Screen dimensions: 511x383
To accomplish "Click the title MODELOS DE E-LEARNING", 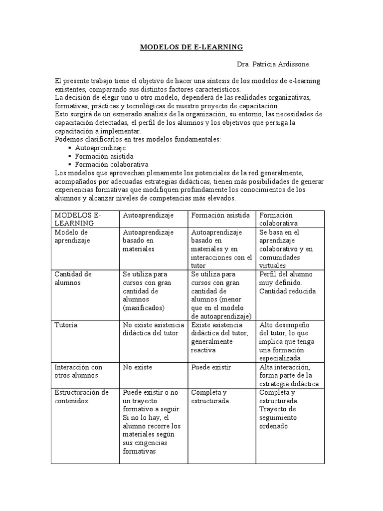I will (x=191, y=47).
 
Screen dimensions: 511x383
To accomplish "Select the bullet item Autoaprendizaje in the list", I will (x=100, y=148).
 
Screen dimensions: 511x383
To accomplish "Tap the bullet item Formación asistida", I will (x=104, y=156).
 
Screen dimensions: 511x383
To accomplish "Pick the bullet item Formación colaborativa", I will (x=111, y=164).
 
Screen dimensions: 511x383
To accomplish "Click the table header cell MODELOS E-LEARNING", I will (x=77, y=219).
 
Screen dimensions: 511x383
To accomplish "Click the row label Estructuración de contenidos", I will (x=82, y=396).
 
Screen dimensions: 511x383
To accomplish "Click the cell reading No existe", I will (x=137, y=367).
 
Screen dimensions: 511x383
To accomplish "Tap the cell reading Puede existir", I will (x=211, y=367).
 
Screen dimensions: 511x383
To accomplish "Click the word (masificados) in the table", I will (x=143, y=308).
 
